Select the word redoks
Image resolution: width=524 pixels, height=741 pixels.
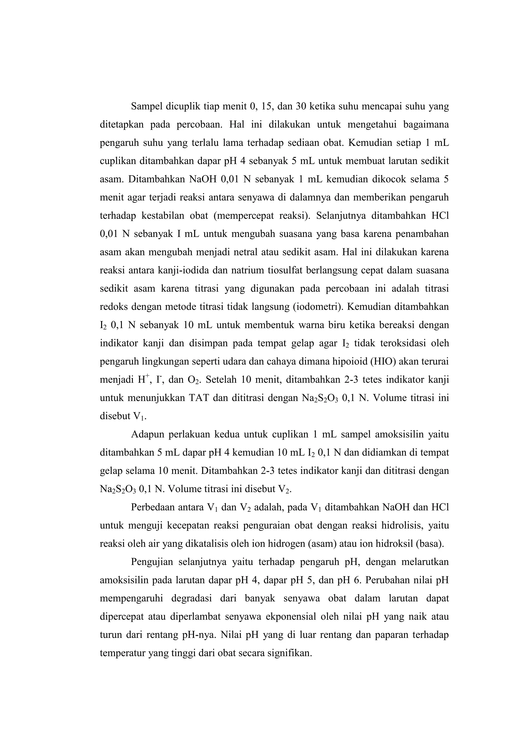(114, 307)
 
